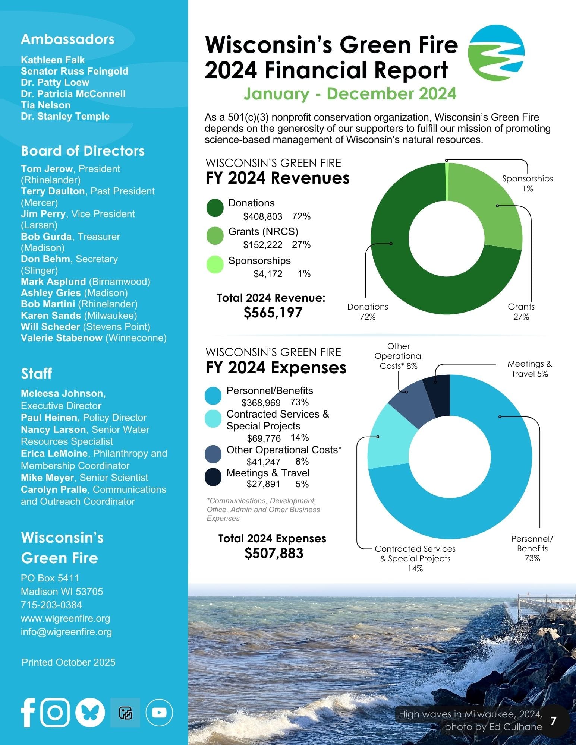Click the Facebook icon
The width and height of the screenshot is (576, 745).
[x=28, y=712]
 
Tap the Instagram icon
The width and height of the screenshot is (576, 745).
[x=55, y=712]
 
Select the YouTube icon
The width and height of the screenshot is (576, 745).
[x=159, y=713]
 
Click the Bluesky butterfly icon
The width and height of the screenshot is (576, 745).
[x=90, y=712]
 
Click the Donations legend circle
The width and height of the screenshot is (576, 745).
[x=215, y=208]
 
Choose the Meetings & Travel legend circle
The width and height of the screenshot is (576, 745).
[x=213, y=477]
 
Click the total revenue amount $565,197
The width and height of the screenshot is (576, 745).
[x=273, y=313]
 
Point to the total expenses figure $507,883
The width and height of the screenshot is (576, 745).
[x=274, y=553]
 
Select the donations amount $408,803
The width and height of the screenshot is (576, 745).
[x=262, y=216]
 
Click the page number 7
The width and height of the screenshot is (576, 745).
[x=553, y=720]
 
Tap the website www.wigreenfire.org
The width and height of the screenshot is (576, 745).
[x=66, y=618]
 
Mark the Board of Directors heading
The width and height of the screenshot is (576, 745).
[x=83, y=151]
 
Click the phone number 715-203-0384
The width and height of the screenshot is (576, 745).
[x=51, y=605]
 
